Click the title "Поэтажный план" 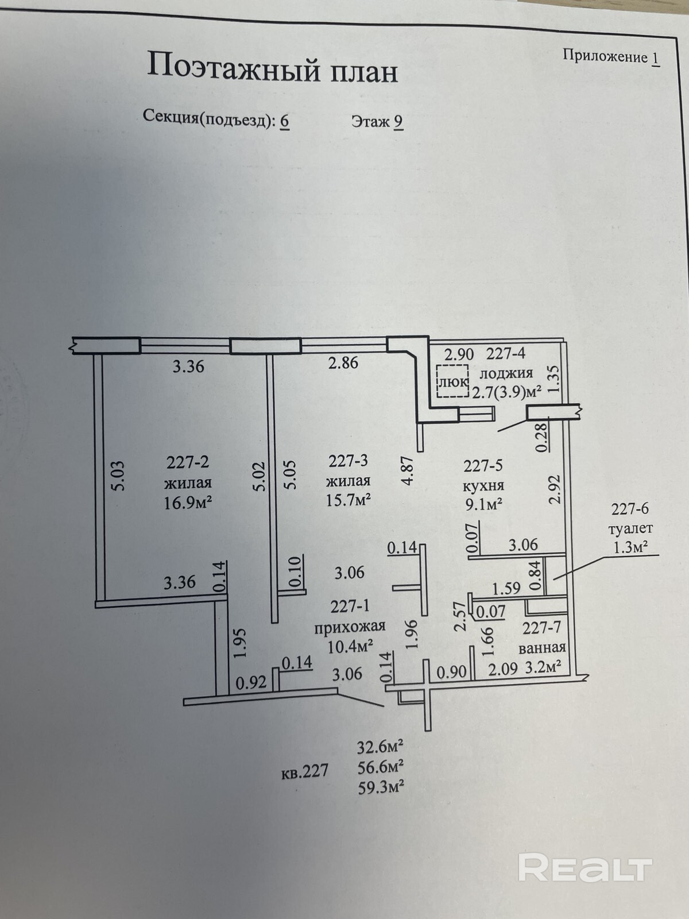(272, 68)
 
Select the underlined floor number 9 (398, 121)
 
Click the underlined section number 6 (284, 121)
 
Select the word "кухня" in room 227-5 (483, 485)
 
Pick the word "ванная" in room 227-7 (542, 647)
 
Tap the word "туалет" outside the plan (632, 527)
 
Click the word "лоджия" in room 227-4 (506, 373)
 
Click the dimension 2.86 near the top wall (343, 362)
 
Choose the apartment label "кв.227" (305, 771)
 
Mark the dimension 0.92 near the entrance (251, 683)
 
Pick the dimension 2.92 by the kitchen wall (554, 489)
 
